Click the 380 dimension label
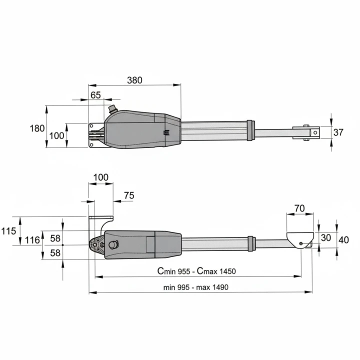point(134,80)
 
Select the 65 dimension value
point(95,95)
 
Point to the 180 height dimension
point(37,128)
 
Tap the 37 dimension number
point(338,132)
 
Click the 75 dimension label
point(129,195)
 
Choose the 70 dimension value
point(299,208)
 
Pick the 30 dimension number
point(326,238)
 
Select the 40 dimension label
point(343,240)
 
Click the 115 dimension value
point(8,231)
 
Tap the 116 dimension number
point(32,240)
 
